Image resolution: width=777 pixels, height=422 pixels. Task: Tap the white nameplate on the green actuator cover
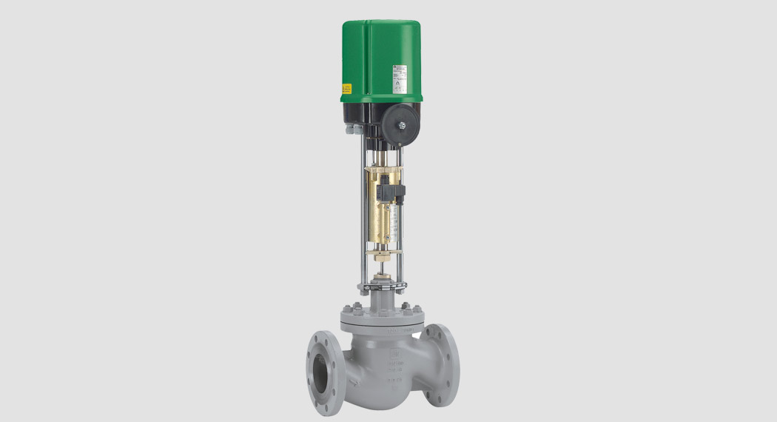click(x=400, y=76)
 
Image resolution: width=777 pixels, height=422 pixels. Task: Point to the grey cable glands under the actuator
click(x=354, y=132)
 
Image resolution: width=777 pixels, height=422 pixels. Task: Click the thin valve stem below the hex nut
click(x=383, y=272)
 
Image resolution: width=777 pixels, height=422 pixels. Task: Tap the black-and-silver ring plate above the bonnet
click(x=383, y=285)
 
